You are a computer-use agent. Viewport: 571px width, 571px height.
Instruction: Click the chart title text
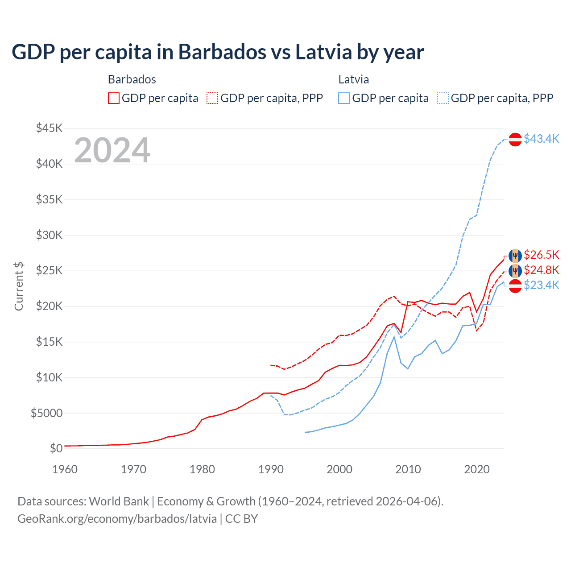218,52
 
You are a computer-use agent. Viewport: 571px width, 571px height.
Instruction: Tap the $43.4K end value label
541,139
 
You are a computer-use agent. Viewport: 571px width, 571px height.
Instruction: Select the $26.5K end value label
541,255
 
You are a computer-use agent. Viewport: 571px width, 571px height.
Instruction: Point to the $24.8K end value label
541,270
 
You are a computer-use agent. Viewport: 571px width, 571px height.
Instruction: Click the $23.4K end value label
541,285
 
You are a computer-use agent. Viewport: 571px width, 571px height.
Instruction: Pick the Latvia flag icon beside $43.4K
515,140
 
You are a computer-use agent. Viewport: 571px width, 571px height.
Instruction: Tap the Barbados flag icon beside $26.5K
515,256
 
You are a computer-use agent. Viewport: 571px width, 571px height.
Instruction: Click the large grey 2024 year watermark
112,150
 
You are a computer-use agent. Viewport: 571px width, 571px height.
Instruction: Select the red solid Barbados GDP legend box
114,98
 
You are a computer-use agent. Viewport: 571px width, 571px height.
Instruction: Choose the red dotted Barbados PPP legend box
212,98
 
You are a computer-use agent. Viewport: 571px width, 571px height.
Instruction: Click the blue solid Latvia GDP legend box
344,98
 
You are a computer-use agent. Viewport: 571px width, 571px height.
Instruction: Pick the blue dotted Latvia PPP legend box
443,98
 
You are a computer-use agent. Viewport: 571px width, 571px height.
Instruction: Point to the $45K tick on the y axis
50,128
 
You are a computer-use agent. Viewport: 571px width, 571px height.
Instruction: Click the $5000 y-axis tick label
46,413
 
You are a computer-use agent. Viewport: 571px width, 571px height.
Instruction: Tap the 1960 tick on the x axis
65,469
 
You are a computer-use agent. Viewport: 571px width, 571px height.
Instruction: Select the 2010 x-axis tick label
408,469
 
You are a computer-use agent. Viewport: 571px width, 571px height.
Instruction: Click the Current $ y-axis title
19,286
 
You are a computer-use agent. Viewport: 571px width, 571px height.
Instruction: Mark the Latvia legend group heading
353,79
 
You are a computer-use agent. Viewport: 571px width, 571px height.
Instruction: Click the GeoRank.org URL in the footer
117,519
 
